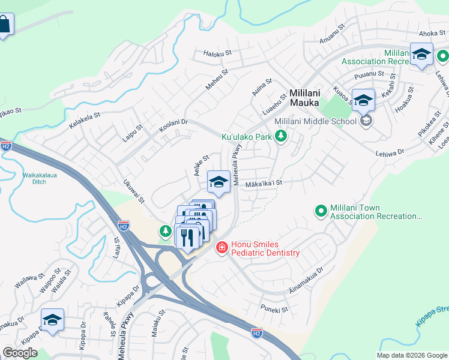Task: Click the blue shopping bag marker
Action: coord(4,25)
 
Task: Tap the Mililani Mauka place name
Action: coord(304,98)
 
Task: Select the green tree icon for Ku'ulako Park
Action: coord(280,137)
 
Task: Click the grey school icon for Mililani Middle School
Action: coord(366,121)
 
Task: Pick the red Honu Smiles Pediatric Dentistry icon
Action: coord(221,247)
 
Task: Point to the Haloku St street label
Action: coord(217,53)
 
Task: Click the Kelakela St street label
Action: coord(84,113)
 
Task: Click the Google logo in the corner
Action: coord(20,353)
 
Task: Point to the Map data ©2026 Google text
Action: coord(412,355)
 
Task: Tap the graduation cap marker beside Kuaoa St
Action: coord(363,100)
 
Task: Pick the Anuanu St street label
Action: coord(334,35)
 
